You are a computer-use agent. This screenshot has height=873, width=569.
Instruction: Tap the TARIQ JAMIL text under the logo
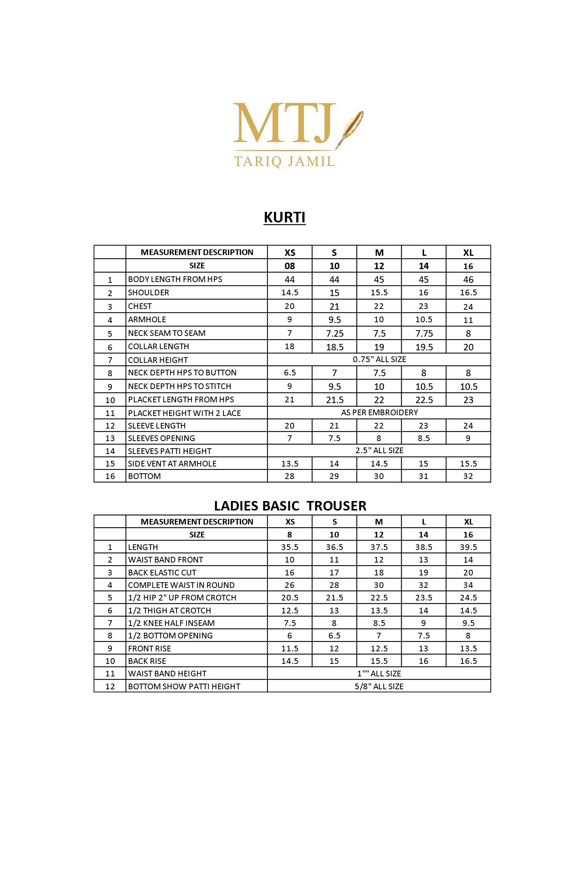284,161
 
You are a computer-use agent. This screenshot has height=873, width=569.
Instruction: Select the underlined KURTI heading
284,217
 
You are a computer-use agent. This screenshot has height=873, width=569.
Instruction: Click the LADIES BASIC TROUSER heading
290,506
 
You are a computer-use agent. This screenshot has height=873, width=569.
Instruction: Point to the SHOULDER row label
149,293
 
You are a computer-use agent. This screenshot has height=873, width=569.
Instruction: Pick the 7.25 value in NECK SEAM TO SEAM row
335,333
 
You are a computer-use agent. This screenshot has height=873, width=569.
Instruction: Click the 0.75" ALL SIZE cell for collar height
379,359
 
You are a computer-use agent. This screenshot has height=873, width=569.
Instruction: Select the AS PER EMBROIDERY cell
379,413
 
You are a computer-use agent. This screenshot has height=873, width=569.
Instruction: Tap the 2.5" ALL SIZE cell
379,451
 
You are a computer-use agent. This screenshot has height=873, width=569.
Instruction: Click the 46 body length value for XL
468,280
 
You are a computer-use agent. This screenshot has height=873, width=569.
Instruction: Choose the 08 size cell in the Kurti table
290,266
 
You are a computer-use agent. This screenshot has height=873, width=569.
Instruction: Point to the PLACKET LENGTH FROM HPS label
181,400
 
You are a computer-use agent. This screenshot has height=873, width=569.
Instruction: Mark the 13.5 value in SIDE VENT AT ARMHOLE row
290,463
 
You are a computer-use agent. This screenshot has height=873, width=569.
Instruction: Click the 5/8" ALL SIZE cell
379,686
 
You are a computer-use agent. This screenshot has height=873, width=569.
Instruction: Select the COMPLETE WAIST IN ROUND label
181,585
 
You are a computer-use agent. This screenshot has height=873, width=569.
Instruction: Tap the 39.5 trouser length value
468,547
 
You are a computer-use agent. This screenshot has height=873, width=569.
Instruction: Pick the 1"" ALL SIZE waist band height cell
379,673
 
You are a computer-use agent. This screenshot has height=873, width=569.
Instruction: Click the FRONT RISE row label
149,648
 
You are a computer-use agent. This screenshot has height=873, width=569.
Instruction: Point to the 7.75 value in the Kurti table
424,333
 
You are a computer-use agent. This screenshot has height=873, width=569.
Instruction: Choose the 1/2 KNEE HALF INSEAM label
171,623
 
